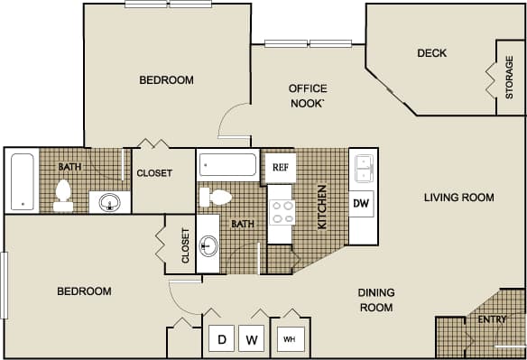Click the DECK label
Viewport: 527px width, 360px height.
coord(431,53)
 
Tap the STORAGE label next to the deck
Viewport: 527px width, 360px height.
coord(510,78)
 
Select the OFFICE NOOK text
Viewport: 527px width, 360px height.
coord(307,95)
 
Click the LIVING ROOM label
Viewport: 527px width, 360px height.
coord(459,198)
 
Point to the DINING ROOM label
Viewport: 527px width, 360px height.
coord(375,300)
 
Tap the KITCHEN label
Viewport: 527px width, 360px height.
coord(321,208)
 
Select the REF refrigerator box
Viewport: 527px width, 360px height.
coord(280,167)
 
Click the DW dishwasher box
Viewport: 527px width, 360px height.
coord(361,204)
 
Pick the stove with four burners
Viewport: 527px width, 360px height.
coord(280,212)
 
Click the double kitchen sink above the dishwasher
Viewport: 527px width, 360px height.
coord(363,168)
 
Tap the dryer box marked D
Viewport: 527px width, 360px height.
coord(221,339)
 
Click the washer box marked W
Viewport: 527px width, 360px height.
coord(253,339)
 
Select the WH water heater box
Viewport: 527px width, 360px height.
coord(290,339)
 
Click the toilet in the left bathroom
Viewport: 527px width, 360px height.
coord(63,195)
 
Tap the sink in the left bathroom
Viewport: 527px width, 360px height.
coord(109,201)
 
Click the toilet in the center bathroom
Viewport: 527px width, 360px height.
coord(216,197)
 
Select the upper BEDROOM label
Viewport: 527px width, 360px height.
coord(166,80)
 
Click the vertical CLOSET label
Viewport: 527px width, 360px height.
coord(186,245)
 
